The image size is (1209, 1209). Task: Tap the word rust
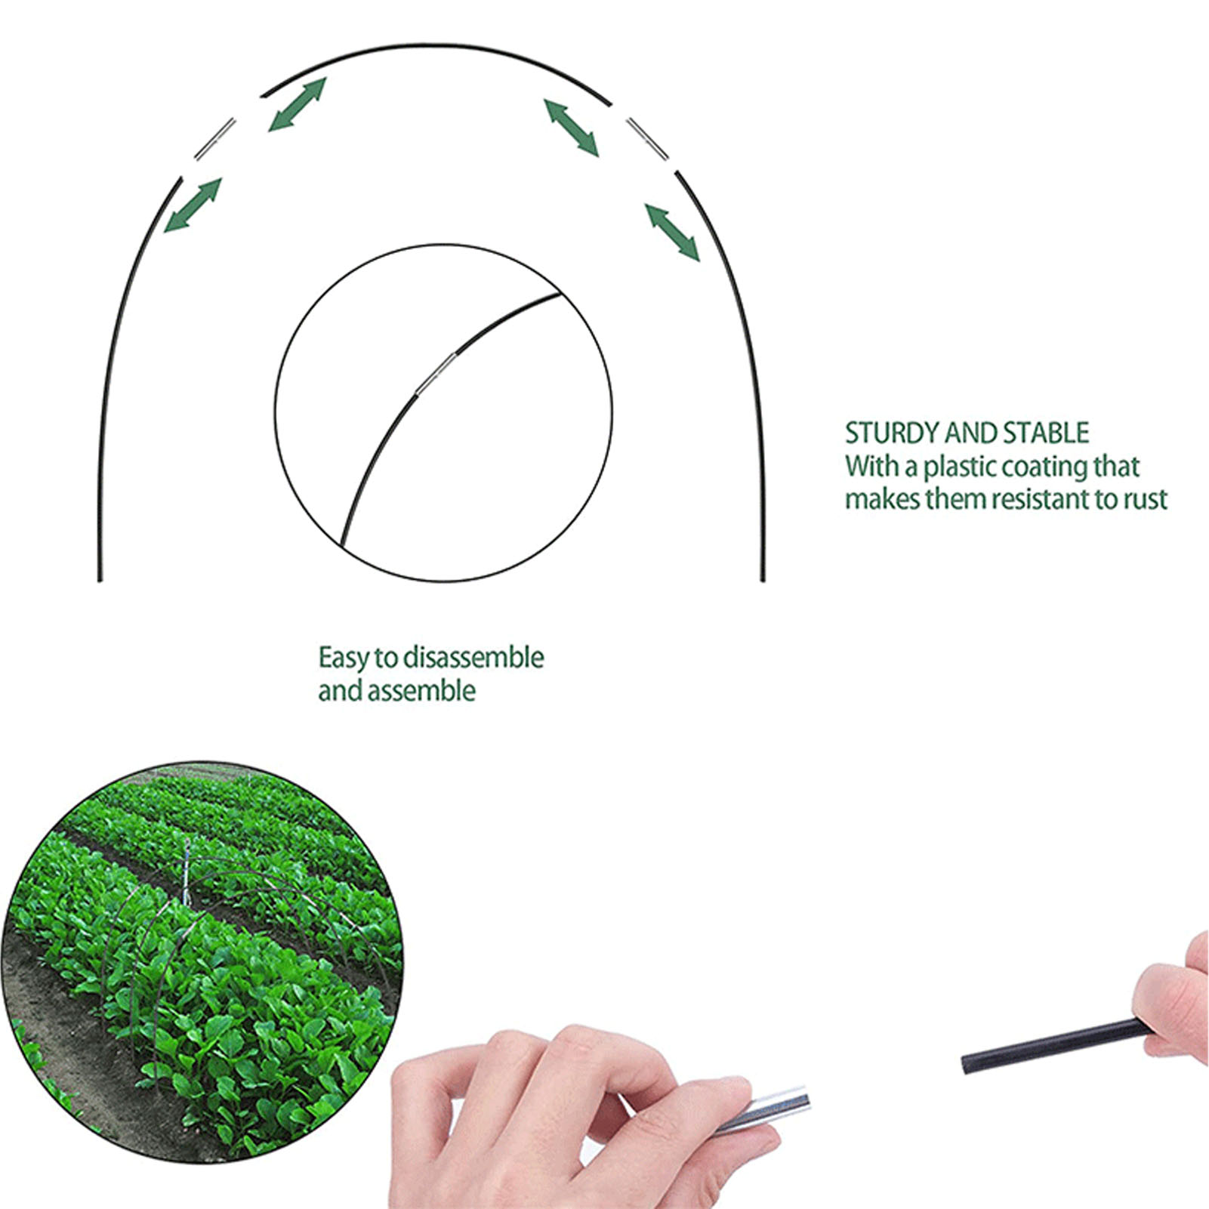click(x=1146, y=500)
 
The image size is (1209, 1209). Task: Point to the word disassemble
click(x=473, y=657)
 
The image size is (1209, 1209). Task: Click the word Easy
click(x=344, y=658)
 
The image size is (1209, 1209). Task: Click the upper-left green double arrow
click(x=298, y=104)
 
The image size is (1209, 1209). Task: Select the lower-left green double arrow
click(x=193, y=205)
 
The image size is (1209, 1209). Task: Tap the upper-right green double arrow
click(x=571, y=128)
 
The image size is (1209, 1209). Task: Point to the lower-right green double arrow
click(x=672, y=232)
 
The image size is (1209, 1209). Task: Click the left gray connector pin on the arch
click(x=215, y=139)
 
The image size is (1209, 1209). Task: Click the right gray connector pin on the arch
click(x=648, y=139)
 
